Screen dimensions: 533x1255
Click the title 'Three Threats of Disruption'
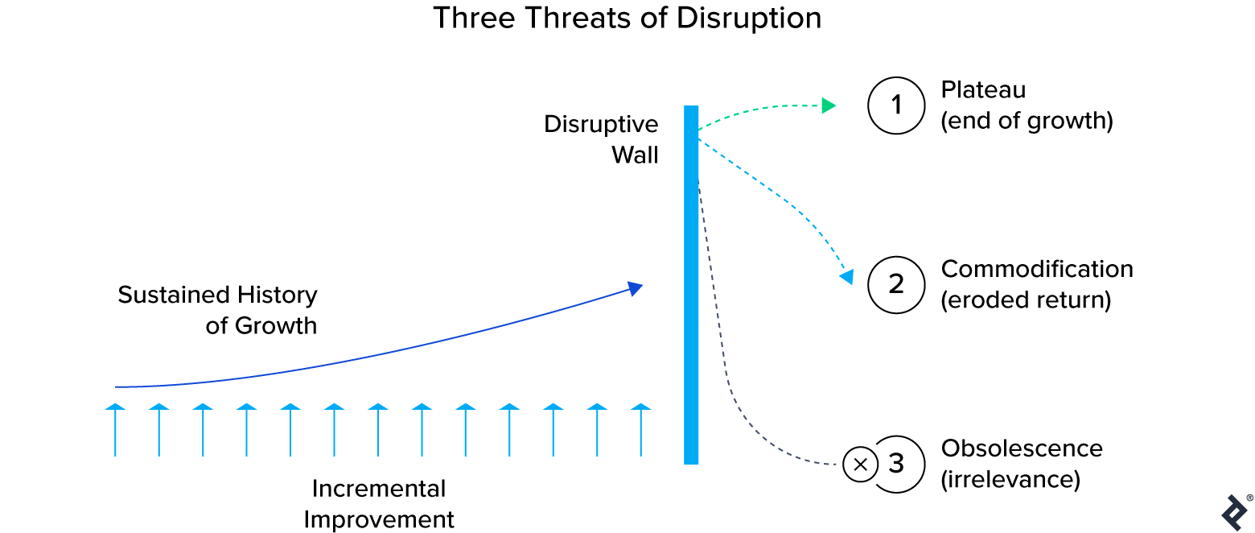tap(627, 18)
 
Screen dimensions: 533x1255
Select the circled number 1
tap(896, 105)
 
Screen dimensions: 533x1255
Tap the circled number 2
tap(896, 284)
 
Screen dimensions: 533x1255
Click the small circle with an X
tap(860, 465)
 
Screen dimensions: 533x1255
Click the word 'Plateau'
tap(983, 90)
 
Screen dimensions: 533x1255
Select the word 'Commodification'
tap(1036, 269)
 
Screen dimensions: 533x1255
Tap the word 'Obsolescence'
tap(1021, 448)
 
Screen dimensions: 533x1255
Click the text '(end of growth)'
tap(1026, 122)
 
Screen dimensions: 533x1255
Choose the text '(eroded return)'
tap(1025, 300)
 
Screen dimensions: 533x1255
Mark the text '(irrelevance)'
tap(1010, 480)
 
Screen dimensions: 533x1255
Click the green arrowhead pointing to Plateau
tap(829, 105)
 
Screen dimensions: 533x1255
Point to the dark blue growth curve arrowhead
tap(636, 288)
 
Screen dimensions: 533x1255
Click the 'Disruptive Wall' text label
tap(601, 139)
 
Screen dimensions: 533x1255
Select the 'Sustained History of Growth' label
tap(217, 310)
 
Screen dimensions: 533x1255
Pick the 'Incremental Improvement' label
tap(379, 504)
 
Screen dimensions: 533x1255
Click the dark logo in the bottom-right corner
tap(1234, 512)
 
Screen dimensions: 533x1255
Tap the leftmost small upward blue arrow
tap(115, 431)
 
